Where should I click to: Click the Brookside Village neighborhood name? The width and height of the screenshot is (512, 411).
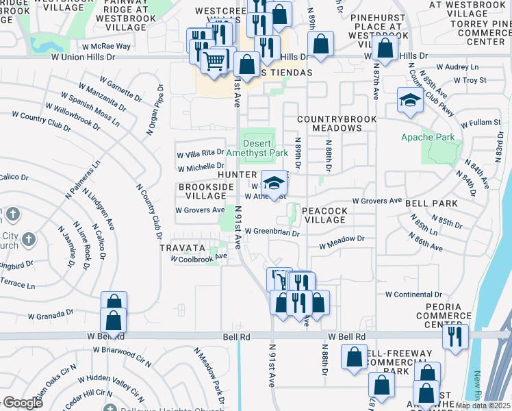[x=202, y=191]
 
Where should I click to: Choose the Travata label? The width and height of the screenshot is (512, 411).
[x=183, y=247]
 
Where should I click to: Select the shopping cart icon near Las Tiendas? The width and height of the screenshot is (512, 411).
[x=214, y=61]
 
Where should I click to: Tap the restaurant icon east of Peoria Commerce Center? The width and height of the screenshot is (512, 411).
[x=455, y=336]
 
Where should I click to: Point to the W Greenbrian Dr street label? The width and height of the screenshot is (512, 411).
[x=272, y=233]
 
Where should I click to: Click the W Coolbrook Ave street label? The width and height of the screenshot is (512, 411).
[x=199, y=258]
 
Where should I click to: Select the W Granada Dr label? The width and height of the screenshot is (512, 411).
[x=50, y=315]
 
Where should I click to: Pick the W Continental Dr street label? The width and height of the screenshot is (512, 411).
[x=417, y=294]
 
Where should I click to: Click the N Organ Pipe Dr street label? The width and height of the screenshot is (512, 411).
[x=152, y=110]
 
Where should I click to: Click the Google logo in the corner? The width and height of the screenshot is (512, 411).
[x=23, y=402]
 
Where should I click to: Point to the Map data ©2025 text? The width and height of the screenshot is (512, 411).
[x=483, y=406]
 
